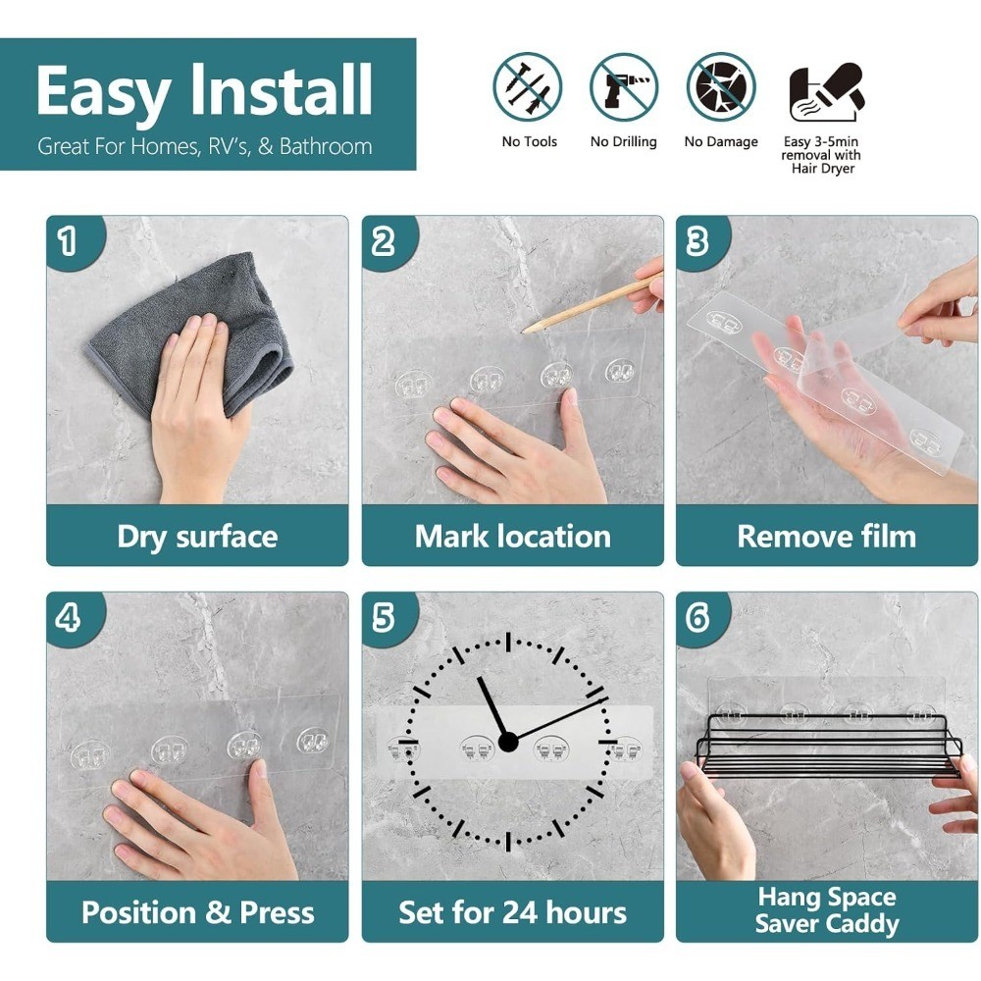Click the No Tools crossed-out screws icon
tap(527, 87)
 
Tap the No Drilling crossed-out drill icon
tap(623, 87)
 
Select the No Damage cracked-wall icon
tap(721, 87)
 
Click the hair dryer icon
tap(826, 91)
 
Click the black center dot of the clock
tap(508, 743)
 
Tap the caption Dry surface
tap(197, 537)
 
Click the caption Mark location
tap(512, 537)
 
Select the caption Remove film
tap(826, 537)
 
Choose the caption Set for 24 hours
tap(512, 912)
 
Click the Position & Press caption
tap(198, 912)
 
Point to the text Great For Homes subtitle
tap(205, 146)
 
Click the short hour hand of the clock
tap(493, 709)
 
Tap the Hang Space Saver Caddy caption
tap(827, 910)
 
